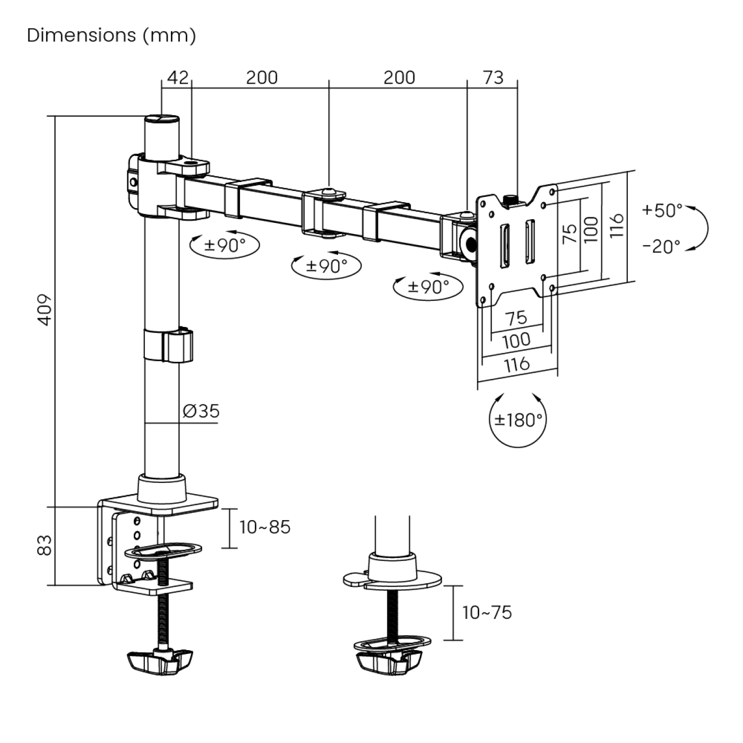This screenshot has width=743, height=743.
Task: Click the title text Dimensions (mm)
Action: (111, 36)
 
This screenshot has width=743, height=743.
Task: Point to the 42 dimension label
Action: (177, 77)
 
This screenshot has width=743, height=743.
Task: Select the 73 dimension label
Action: (493, 77)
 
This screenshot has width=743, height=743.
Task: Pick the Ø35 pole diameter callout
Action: (201, 411)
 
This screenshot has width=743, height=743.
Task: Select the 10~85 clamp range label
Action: (265, 527)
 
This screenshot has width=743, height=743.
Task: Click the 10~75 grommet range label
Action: (487, 612)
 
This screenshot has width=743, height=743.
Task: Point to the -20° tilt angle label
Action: (661, 247)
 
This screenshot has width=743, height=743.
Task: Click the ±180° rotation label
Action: (518, 420)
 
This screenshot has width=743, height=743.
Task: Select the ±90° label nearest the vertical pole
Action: (225, 245)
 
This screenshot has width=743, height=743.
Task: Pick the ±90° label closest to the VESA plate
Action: (428, 287)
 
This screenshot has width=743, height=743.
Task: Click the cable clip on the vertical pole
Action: (168, 345)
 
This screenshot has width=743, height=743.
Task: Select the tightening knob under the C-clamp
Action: (160, 661)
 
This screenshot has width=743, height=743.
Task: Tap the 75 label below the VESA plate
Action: (516, 318)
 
